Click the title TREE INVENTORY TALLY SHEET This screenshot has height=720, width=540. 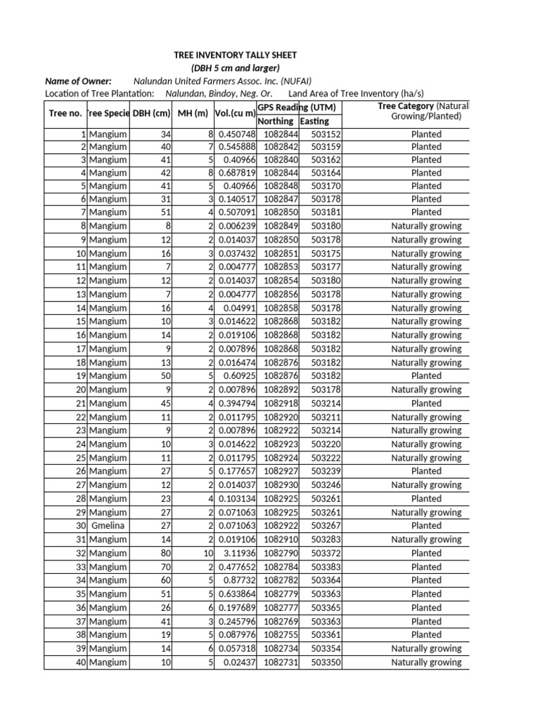coord(236,55)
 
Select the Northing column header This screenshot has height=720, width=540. coord(275,121)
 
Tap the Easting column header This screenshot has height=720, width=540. coord(314,121)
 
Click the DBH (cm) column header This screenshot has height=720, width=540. coord(152,113)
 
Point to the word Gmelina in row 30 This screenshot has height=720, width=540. coord(108,525)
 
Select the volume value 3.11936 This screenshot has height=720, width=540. coord(236,553)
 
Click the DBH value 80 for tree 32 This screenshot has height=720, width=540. coord(165,553)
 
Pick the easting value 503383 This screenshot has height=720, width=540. coord(326,567)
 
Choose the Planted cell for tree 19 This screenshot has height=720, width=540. coord(426,376)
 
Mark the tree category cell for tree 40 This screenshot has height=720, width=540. coord(426,662)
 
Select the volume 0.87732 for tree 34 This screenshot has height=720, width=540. coord(239,580)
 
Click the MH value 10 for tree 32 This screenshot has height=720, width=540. coord(207,553)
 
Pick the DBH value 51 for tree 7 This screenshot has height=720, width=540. coord(165,212)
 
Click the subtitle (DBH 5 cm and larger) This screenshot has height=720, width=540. coord(236,67)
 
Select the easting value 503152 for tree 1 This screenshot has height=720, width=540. coord(326,134)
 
